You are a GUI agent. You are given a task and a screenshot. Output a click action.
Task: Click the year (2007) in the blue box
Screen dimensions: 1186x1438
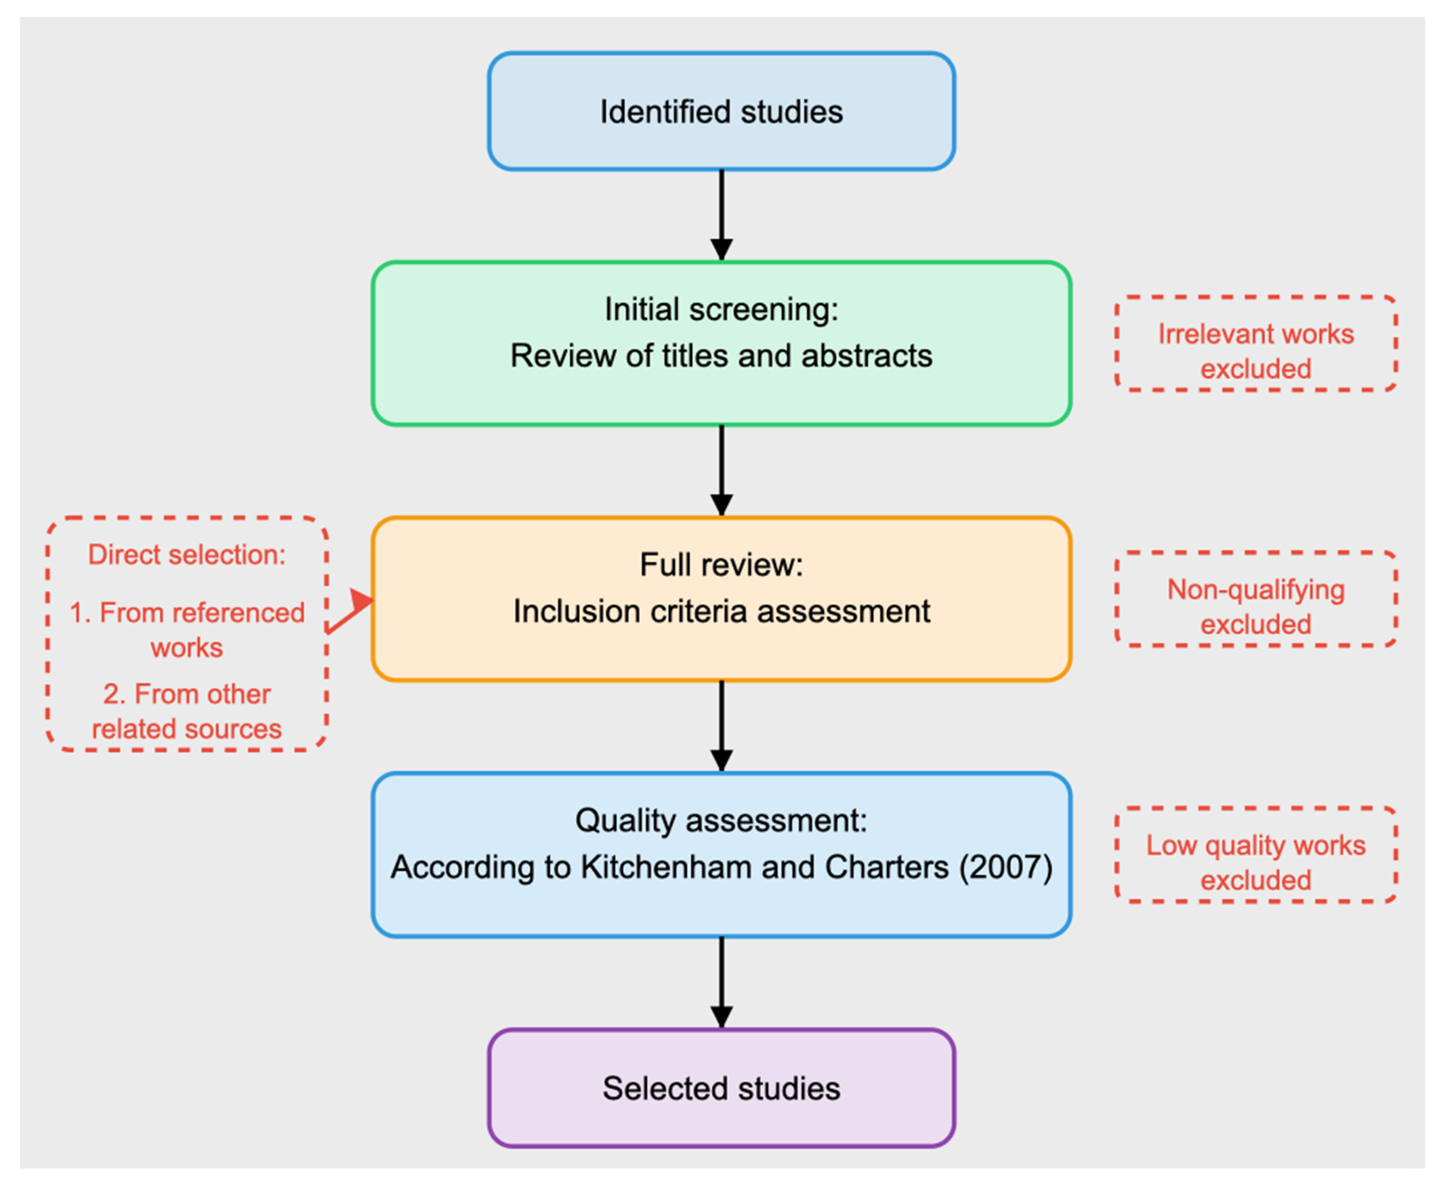click(x=1005, y=867)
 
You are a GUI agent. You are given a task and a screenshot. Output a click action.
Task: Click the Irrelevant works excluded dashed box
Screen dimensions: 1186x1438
click(x=1255, y=344)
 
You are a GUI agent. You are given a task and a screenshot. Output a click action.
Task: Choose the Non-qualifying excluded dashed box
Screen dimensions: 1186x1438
click(x=1255, y=599)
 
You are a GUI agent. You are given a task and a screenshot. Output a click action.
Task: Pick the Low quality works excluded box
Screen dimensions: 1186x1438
click(x=1255, y=855)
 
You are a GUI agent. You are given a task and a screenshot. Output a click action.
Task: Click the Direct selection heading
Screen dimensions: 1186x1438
click(x=187, y=555)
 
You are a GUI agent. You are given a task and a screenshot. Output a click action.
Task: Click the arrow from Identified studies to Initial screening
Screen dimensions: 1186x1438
click(x=721, y=215)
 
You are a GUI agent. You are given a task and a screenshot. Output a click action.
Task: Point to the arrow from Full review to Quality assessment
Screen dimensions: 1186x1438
click(x=721, y=726)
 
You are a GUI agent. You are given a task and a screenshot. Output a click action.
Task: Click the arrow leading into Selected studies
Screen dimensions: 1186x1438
click(x=721, y=982)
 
